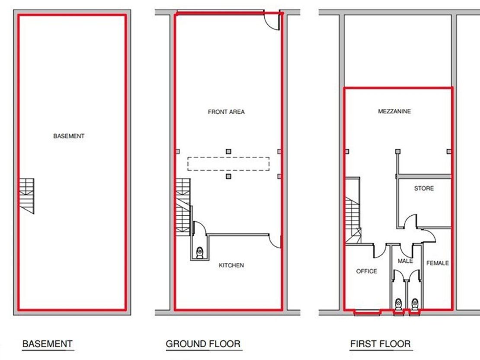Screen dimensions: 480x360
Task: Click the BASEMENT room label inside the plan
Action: (69, 136)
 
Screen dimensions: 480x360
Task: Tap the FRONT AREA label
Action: (226, 112)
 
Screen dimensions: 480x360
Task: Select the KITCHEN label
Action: (231, 265)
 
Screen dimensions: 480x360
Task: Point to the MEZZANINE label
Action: (394, 112)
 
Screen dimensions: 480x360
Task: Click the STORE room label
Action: (424, 188)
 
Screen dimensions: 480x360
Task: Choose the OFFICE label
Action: (366, 271)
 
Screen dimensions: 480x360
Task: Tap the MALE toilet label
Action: (405, 261)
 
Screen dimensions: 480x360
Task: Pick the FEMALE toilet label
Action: (438, 263)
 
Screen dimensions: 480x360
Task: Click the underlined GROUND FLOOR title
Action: (203, 344)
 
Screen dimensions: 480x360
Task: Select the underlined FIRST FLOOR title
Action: (381, 344)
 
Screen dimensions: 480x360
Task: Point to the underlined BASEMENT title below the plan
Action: (48, 344)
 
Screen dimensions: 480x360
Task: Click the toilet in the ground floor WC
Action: (200, 253)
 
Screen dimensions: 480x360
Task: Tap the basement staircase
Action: (27, 196)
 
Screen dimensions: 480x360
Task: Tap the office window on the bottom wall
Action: (367, 312)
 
